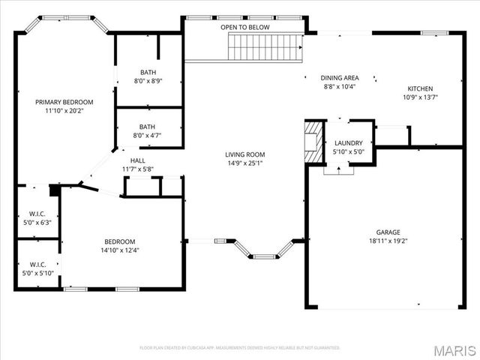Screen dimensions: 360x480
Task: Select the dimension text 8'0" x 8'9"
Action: click(x=148, y=81)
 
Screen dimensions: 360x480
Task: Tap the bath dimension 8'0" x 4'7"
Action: click(x=148, y=136)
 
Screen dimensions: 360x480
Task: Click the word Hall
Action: click(x=138, y=160)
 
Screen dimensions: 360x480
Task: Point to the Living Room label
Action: click(x=245, y=154)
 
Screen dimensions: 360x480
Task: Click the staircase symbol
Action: click(x=265, y=47)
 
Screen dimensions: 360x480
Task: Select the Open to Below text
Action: click(x=244, y=28)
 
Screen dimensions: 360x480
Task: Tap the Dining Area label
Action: click(x=339, y=78)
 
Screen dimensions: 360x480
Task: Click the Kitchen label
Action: click(x=420, y=88)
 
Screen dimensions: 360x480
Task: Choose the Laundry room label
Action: click(x=349, y=143)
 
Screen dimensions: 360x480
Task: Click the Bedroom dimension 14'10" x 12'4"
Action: click(x=120, y=250)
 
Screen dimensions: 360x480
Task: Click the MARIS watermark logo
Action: click(x=453, y=350)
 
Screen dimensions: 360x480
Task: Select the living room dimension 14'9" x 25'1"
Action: click(x=245, y=163)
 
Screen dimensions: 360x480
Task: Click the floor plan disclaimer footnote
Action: click(x=240, y=347)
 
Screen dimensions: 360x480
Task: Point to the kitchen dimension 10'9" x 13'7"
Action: click(x=420, y=97)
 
